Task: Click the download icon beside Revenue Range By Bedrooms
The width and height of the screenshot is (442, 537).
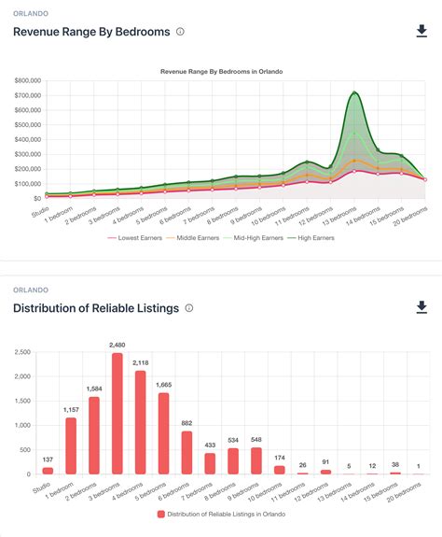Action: [x=421, y=32]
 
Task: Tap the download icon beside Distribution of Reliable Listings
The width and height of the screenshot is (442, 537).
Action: [x=421, y=307]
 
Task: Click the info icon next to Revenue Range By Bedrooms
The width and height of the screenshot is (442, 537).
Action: [x=180, y=32]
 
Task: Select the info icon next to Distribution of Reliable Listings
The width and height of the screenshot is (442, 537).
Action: [x=189, y=308]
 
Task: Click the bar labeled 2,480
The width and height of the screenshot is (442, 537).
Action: [x=117, y=414]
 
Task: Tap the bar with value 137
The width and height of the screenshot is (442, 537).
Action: [x=48, y=471]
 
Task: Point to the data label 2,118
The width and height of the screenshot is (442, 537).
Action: [x=140, y=362]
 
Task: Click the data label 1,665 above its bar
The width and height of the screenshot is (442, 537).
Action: [x=163, y=385]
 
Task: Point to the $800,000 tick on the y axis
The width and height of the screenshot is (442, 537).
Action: [x=27, y=81]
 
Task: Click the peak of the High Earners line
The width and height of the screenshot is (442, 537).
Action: [x=354, y=92]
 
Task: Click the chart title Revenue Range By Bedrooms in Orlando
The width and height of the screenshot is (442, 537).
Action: [x=221, y=71]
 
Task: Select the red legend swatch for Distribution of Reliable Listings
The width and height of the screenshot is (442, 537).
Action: [x=161, y=515]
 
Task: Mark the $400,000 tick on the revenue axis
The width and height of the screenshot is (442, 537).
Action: [x=27, y=139]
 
